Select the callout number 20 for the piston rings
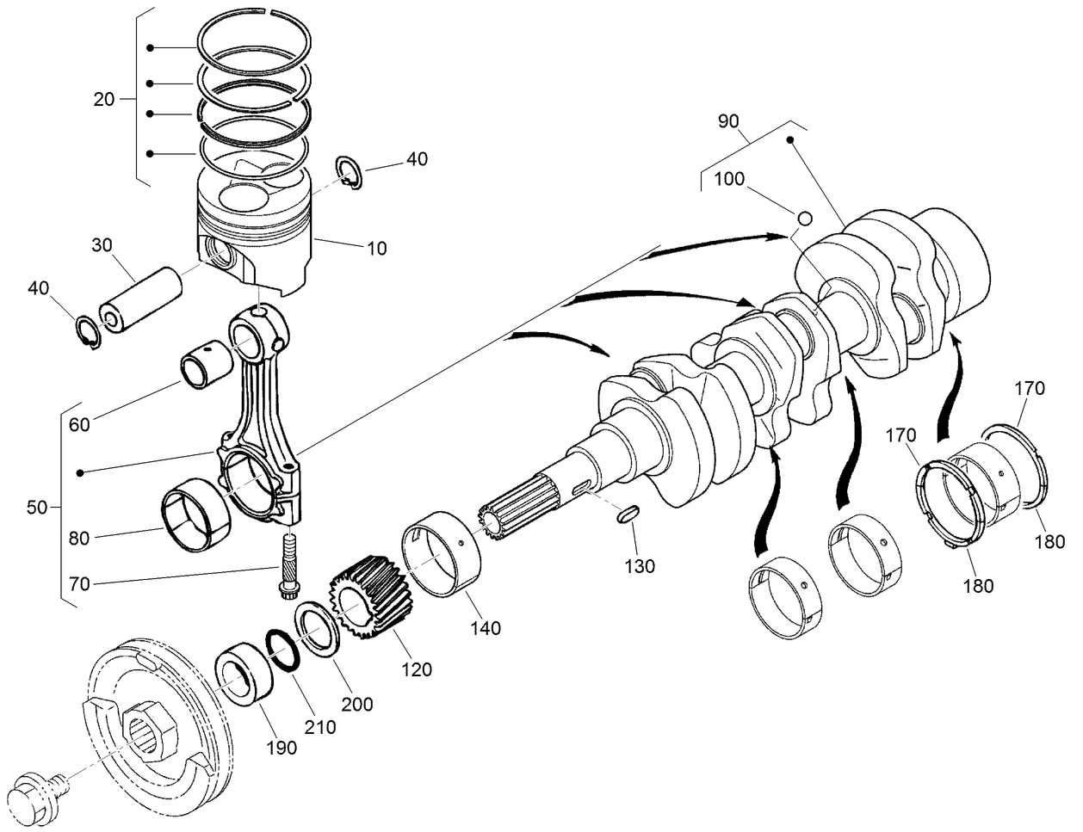(x=103, y=99)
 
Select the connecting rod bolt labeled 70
(x=287, y=564)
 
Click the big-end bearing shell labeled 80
(x=197, y=519)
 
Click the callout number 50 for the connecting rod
(x=37, y=508)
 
